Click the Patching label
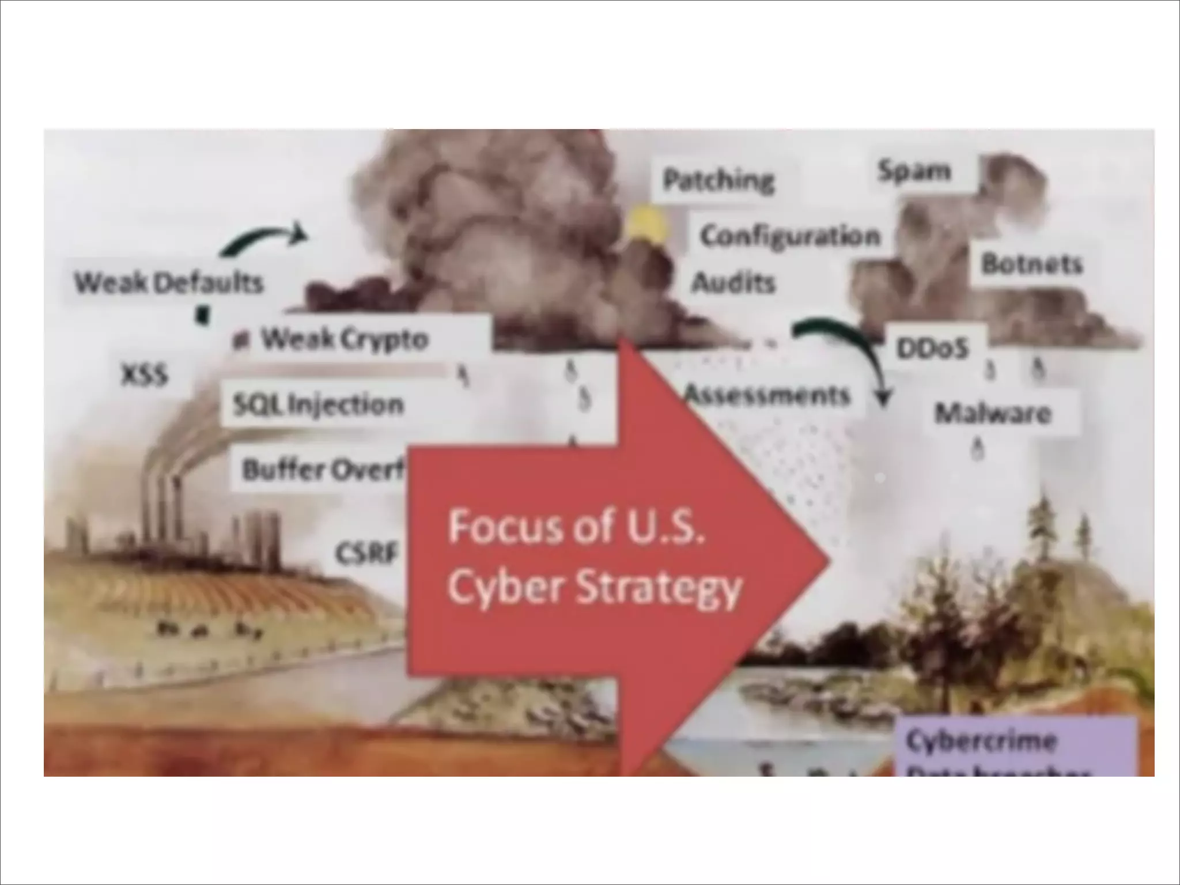[718, 180]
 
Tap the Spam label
[914, 171]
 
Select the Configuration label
[790, 236]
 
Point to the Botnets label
[1032, 264]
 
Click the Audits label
[733, 283]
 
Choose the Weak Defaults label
[169, 283]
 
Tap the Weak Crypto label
[345, 339]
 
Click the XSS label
[144, 376]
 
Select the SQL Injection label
[318, 405]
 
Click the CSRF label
[367, 554]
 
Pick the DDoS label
[932, 348]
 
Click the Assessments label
[767, 395]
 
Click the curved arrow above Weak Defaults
[263, 240]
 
